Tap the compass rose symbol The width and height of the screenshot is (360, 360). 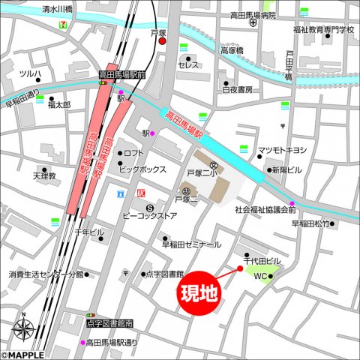(23, 328)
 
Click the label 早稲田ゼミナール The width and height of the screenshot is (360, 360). (191, 244)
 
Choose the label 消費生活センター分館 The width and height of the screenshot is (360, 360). (46, 274)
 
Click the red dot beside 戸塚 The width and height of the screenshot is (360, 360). (162, 42)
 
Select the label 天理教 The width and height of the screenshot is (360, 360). (44, 175)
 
